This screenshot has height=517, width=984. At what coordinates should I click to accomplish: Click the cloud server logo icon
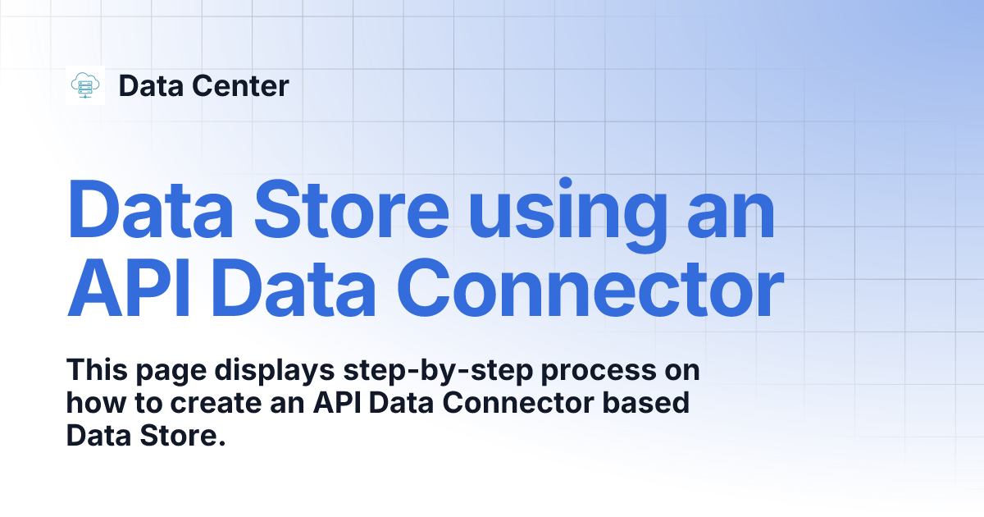pos(85,85)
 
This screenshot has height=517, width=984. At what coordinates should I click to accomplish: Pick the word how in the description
pos(90,404)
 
